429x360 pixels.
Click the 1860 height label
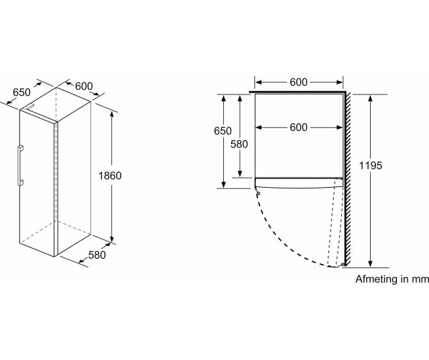[x=110, y=176]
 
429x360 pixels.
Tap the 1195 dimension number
[x=371, y=166]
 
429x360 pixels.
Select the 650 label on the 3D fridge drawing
[x=21, y=93]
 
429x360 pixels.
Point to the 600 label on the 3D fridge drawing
[x=84, y=86]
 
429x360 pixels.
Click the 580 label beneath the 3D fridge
[x=97, y=255]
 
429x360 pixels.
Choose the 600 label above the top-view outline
[x=298, y=82]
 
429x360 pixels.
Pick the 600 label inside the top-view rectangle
[x=298, y=127]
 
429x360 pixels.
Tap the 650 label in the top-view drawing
[x=223, y=131]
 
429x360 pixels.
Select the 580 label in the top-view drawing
[x=239, y=144]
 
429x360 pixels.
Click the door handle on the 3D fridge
[x=20, y=166]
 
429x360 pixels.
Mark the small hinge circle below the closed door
[x=258, y=193]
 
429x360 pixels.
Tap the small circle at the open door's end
[x=343, y=265]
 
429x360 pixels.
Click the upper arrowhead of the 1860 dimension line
[x=112, y=115]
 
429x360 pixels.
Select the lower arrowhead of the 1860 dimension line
[x=112, y=239]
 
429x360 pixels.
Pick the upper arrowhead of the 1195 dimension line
[x=371, y=98]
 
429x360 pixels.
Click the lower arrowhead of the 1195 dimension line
[x=371, y=263]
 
